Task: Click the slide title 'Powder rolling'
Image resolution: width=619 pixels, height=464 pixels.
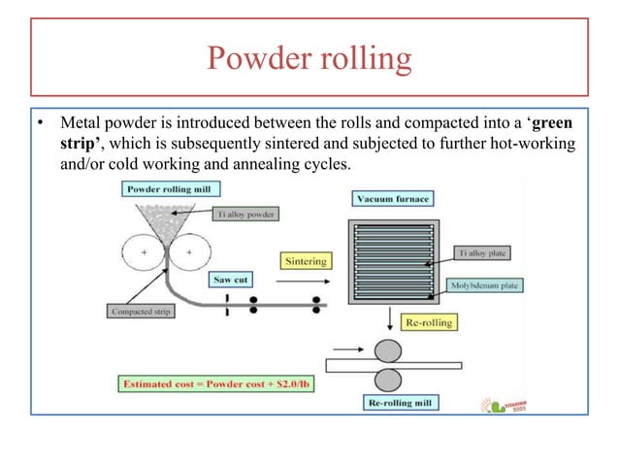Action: click(309, 60)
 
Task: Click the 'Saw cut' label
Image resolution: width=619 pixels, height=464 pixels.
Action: click(231, 279)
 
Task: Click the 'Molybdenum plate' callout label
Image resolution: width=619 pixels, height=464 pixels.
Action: click(487, 286)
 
